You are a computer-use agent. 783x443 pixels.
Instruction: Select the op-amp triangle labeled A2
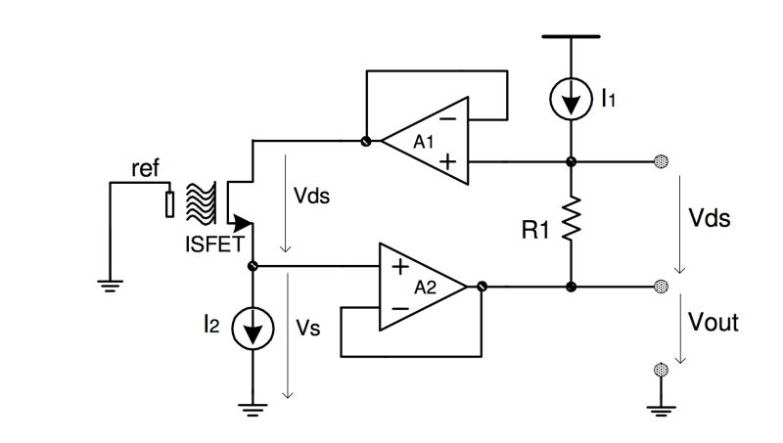424,286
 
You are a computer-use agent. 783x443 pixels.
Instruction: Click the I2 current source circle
253,330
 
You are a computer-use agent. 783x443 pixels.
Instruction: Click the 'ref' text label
144,167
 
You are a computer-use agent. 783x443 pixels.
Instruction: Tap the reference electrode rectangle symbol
170,203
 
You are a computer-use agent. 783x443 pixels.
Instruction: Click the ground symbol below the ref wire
113,285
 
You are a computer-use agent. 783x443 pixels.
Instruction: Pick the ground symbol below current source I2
253,411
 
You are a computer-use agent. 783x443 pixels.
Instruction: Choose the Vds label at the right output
710,218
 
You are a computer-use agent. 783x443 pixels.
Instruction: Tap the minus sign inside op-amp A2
400,307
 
